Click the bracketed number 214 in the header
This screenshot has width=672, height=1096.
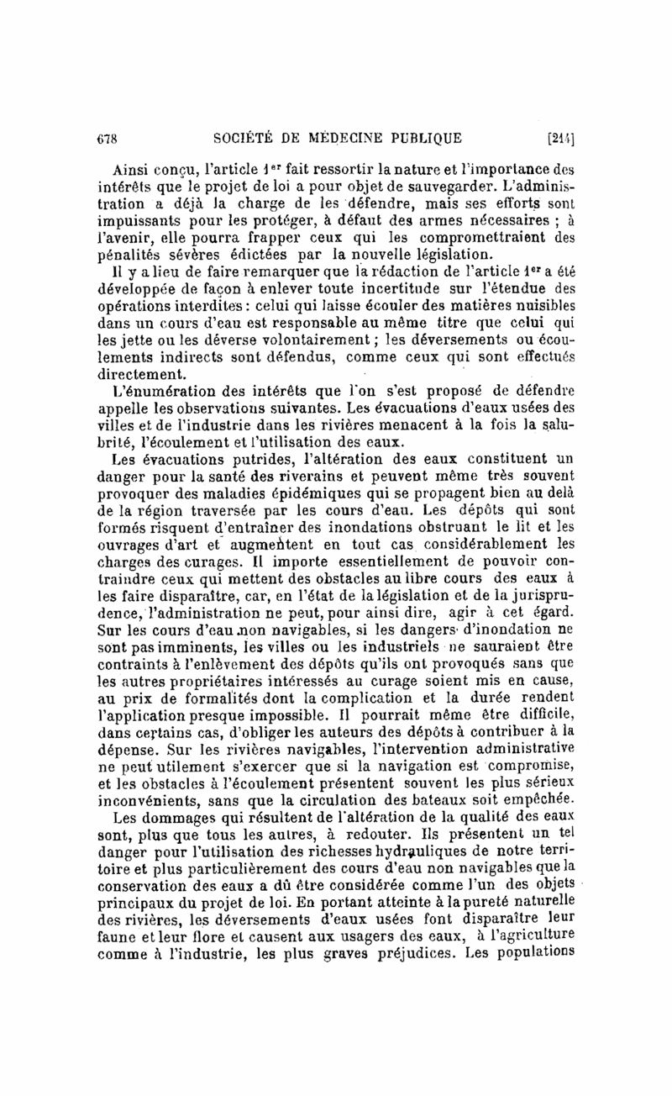559,137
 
